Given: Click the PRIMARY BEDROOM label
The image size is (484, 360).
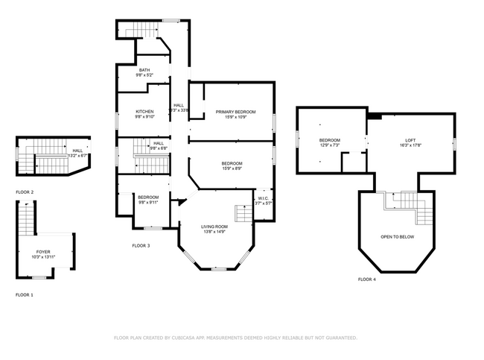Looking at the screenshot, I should coord(235,112).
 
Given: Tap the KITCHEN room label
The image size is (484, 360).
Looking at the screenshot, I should coord(144,112).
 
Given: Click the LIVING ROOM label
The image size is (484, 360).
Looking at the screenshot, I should coord(214,227).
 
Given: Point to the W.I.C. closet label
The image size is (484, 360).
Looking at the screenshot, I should coord(264,198).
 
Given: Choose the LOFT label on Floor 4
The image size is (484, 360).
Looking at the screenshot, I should coord(410,141).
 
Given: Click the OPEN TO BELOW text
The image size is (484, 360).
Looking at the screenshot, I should coord(397,237).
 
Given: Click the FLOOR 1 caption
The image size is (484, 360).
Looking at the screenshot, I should coord(25,295).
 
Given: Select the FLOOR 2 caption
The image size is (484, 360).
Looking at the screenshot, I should coord(25,192).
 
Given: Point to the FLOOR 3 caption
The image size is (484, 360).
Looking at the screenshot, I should coord(141,245).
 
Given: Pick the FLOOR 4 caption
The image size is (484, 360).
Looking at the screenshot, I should coord(367,279).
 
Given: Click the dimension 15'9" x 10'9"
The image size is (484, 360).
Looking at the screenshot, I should coord(235,117).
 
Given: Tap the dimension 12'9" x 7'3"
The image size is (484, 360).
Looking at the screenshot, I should coord(330,145).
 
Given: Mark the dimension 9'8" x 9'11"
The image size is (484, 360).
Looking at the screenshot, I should coord(147,202).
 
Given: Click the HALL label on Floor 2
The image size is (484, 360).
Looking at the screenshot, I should coord(77,151).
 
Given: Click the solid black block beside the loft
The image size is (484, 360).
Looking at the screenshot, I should coord(375,116).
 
